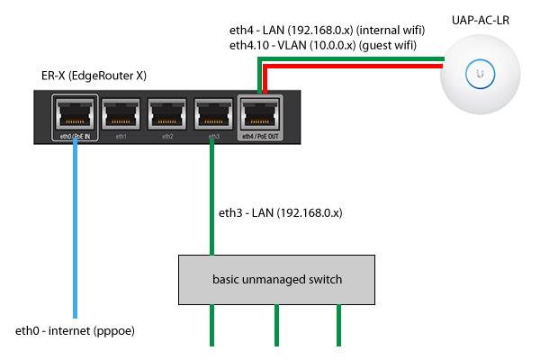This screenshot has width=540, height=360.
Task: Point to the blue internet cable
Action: [x=75, y=228]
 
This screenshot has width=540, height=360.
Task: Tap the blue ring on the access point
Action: [x=480, y=60]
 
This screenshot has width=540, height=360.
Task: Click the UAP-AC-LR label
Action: [x=481, y=20]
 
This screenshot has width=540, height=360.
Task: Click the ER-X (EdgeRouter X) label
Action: [x=94, y=76]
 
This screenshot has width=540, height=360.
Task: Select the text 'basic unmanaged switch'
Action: [x=277, y=279]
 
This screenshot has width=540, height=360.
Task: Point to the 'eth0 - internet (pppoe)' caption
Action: [x=75, y=330]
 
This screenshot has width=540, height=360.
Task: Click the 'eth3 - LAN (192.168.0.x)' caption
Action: [x=280, y=212]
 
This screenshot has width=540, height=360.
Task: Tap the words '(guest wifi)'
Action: [x=387, y=45]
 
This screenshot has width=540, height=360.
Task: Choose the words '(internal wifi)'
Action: [x=391, y=30]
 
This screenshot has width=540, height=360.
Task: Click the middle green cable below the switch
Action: [x=276, y=325]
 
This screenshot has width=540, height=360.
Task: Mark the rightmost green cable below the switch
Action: [x=339, y=325]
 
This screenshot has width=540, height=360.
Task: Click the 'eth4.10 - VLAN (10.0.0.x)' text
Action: [x=292, y=45]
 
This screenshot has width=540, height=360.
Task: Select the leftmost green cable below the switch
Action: [x=211, y=325]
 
